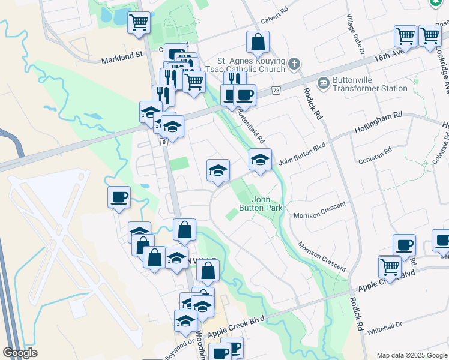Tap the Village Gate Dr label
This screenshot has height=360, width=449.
[355, 36]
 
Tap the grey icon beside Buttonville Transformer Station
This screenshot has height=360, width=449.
[323, 82]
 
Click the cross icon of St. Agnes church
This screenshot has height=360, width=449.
[294, 63]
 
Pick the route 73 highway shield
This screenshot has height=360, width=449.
[276, 91]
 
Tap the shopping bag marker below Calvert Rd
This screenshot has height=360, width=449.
[258, 42]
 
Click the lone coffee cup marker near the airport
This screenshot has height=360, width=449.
[119, 197]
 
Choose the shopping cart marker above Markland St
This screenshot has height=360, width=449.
[139, 23]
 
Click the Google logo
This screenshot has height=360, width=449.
[20, 353]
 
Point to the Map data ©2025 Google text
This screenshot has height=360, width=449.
[411, 355]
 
